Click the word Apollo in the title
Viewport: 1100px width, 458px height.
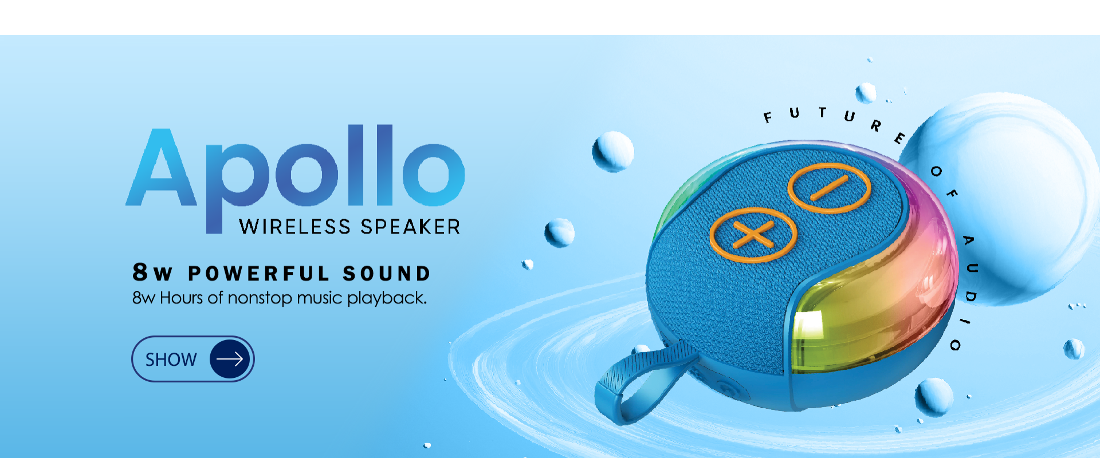coord(295,172)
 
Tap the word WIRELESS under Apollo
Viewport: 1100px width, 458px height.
coord(295,227)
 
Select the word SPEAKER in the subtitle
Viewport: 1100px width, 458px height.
coord(410,227)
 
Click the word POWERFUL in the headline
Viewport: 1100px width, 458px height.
coord(259,274)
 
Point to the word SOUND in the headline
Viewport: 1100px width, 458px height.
coord(387,274)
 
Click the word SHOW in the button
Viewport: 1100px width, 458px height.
coord(171,360)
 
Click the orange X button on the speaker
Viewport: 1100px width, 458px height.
coord(753,235)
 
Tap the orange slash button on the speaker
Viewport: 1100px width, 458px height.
coord(828,188)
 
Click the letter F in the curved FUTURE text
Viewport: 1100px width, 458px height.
coord(768,117)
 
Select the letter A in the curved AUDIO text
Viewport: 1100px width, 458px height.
coord(968,240)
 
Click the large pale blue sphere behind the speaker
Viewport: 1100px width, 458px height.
coord(1008,198)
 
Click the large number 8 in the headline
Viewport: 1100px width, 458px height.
coord(140,273)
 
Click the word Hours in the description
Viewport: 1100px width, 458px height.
coord(181,298)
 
